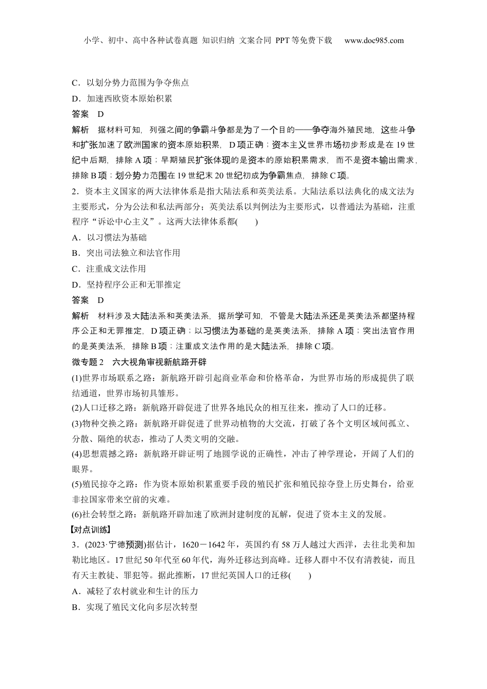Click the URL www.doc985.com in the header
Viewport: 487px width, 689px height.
pos(374,40)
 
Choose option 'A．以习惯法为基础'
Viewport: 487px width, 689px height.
pos(109,237)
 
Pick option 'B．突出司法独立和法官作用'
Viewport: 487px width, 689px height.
pos(126,253)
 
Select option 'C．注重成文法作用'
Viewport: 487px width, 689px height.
pos(109,269)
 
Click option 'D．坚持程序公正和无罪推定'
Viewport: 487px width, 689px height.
pos(126,285)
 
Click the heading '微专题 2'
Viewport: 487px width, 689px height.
pos(88,362)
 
